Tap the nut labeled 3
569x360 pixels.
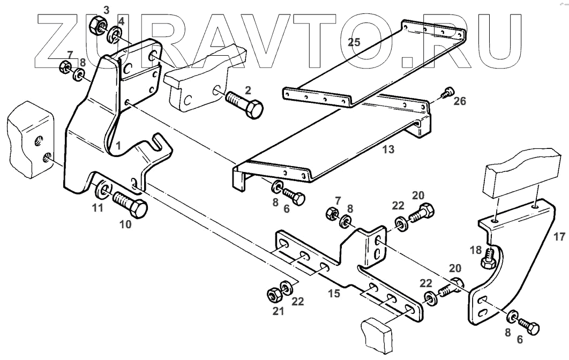[98, 24]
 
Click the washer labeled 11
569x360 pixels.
[102, 191]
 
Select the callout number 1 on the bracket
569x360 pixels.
[118, 145]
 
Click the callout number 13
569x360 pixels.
[388, 150]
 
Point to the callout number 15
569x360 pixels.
[334, 294]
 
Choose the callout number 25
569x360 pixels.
[353, 43]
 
